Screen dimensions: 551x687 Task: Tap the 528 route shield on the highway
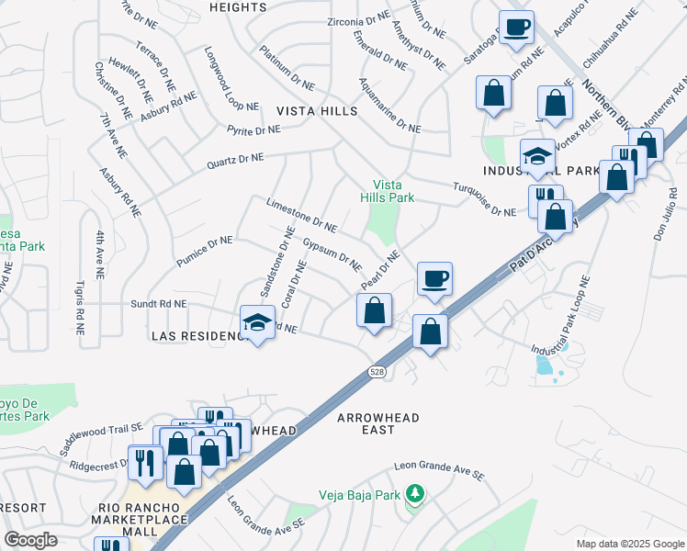pos(377,372)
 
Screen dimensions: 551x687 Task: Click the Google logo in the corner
pos(30,540)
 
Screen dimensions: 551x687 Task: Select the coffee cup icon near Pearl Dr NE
pos(434,276)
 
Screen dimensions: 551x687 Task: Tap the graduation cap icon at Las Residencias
pos(257,321)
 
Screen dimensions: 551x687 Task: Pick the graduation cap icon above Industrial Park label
pos(537,156)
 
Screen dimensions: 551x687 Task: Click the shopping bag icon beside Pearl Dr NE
pos(374,311)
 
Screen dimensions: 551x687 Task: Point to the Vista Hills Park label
pos(393,191)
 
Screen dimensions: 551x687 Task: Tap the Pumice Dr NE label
pos(206,251)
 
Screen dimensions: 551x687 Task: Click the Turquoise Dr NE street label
pos(485,199)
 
